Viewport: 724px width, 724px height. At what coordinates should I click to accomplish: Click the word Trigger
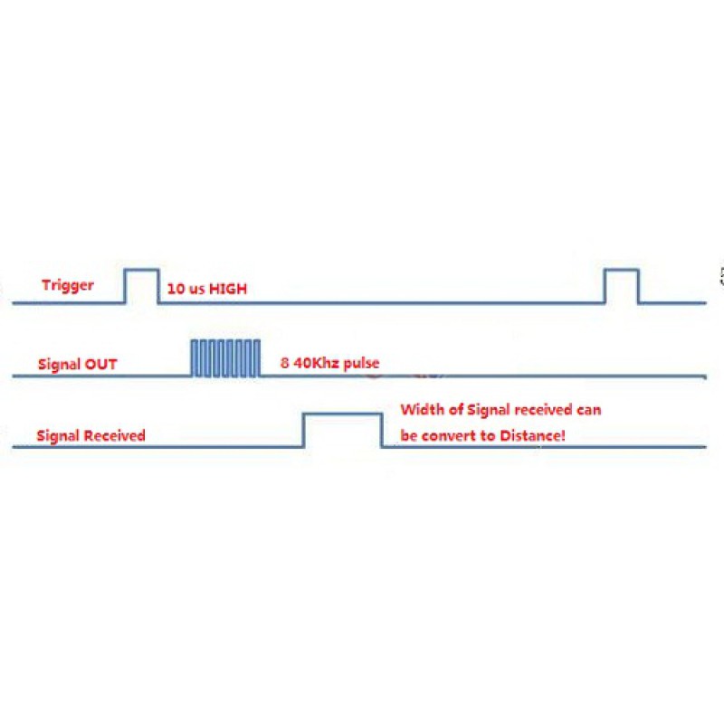coord(67,285)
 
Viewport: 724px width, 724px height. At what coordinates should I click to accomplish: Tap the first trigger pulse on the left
coord(141,270)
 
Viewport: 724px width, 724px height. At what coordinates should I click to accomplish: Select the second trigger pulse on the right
coord(622,270)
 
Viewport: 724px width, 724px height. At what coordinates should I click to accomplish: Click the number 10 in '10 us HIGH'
coord(176,289)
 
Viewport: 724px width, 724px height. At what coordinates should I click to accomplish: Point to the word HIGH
coord(228,289)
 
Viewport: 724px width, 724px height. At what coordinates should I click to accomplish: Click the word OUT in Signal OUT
coord(100,365)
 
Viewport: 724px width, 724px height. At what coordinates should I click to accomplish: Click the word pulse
coord(361,364)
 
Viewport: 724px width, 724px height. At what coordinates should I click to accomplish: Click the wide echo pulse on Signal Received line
coord(343,414)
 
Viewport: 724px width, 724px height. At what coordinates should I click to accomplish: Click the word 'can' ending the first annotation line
coord(589,411)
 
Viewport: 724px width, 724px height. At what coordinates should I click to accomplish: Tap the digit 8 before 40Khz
coord(285,363)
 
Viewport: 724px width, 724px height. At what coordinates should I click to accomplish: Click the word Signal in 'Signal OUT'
coord(59,365)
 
